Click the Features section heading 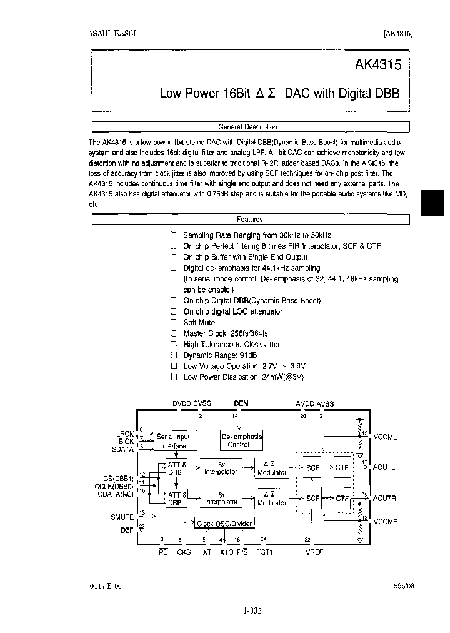coord(249,220)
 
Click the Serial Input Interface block coord(173,442)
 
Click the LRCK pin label coord(124,433)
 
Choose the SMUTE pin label coord(122,517)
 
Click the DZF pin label coord(127,530)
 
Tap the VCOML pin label coord(385,437)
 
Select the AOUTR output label coord(384,499)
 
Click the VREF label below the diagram coord(314,552)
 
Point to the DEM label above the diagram coord(241,404)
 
